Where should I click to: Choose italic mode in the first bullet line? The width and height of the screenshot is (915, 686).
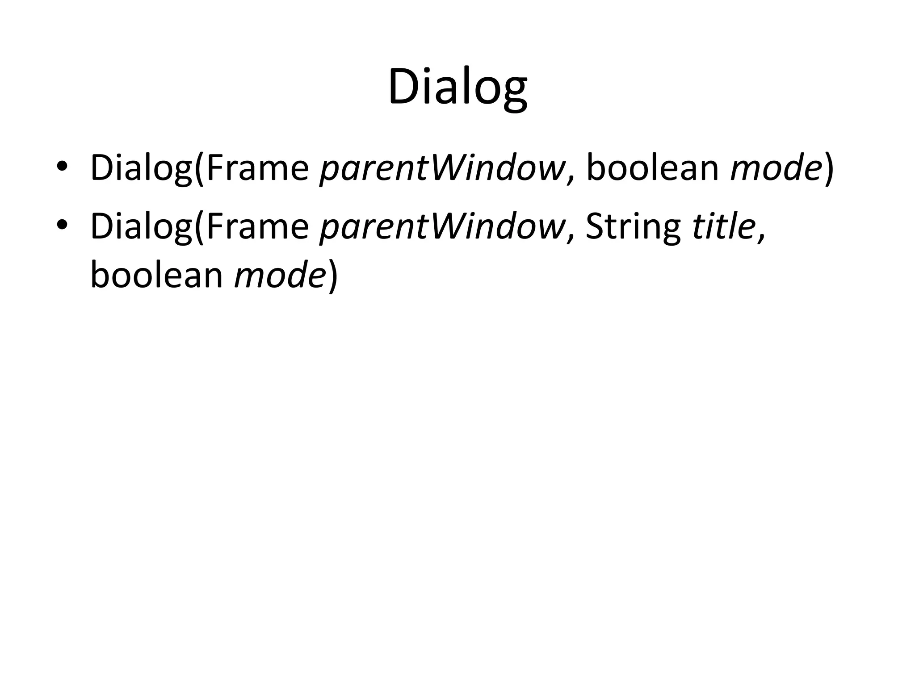[x=776, y=167]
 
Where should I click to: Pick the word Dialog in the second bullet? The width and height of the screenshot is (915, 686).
[x=141, y=227]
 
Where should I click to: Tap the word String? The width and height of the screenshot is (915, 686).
[x=633, y=227]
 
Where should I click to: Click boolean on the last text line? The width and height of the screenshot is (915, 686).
[x=156, y=275]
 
